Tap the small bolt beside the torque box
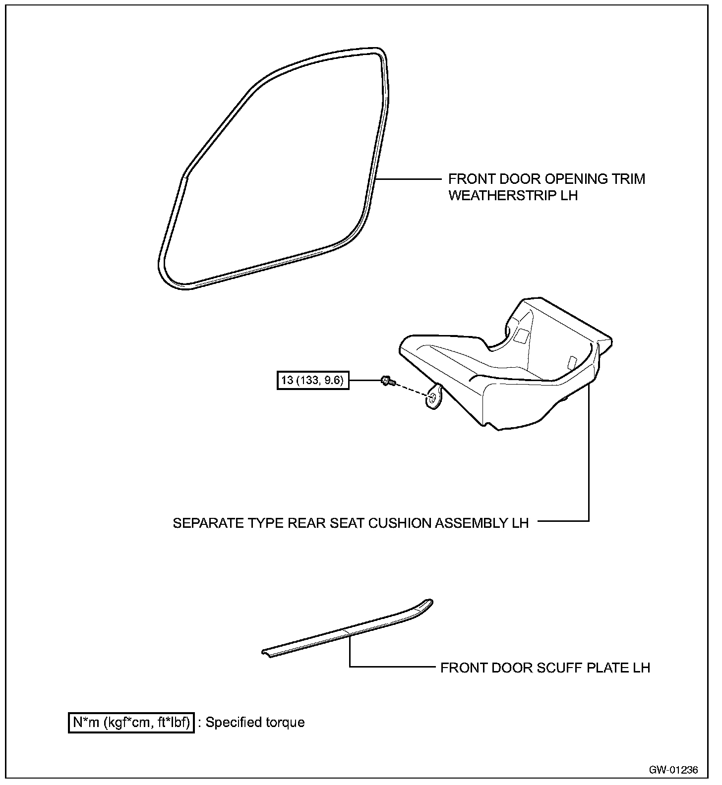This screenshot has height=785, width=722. point(387,381)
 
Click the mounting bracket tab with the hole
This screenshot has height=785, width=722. point(434,397)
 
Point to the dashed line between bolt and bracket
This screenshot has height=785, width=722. point(411,388)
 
